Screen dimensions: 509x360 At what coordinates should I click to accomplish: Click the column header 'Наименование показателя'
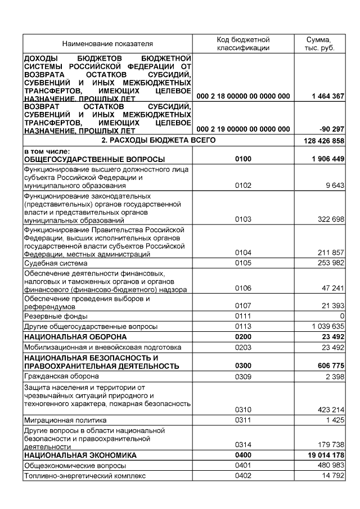pyautogui.click(x=107, y=43)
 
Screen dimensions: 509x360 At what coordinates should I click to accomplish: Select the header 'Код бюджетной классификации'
pyautogui.click(x=243, y=43)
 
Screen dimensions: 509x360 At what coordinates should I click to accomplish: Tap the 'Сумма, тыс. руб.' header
pyautogui.click(x=318, y=43)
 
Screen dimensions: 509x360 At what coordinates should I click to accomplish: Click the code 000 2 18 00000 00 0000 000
pyautogui.click(x=244, y=96)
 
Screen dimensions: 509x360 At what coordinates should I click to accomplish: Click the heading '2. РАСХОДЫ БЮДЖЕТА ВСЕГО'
pyautogui.click(x=158, y=139)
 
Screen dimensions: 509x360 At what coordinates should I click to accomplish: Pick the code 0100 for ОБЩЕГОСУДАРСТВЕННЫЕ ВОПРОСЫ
pyautogui.click(x=243, y=160)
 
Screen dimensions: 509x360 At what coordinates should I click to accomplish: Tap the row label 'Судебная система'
pyautogui.click(x=51, y=263)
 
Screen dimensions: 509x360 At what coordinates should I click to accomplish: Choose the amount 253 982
pyautogui.click(x=331, y=263)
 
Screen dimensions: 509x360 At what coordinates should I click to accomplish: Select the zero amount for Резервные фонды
pyautogui.click(x=341, y=316)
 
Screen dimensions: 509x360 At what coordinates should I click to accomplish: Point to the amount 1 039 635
pyautogui.click(x=327, y=326)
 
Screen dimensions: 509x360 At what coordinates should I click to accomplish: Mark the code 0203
pyautogui.click(x=243, y=347)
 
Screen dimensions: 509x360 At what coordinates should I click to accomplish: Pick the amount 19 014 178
pyautogui.click(x=325, y=455)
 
